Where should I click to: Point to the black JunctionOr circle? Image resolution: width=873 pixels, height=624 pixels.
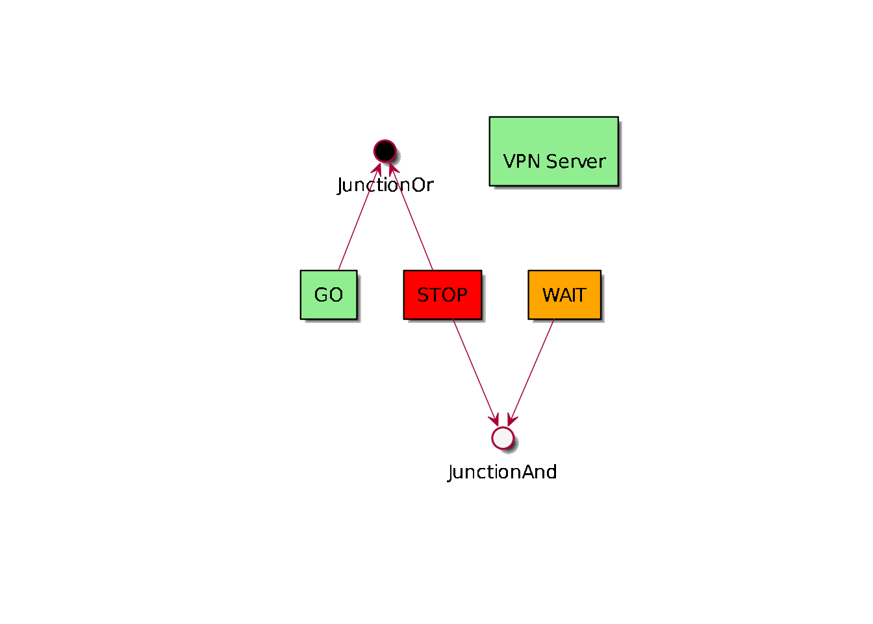[x=385, y=151]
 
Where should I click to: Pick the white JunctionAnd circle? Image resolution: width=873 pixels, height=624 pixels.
[x=503, y=438]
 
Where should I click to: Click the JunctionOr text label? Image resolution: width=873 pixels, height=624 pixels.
[x=385, y=185]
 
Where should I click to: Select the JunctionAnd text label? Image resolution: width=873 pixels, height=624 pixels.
[x=502, y=472]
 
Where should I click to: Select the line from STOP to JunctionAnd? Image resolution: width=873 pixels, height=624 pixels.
[x=474, y=370]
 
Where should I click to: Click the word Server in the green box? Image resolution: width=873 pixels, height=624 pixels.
[x=576, y=161]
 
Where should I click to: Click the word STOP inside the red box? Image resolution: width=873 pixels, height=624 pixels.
[x=442, y=295]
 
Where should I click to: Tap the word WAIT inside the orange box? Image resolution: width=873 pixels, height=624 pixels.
[x=564, y=295]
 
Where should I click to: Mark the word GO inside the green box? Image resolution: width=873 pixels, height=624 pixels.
[x=329, y=295]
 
